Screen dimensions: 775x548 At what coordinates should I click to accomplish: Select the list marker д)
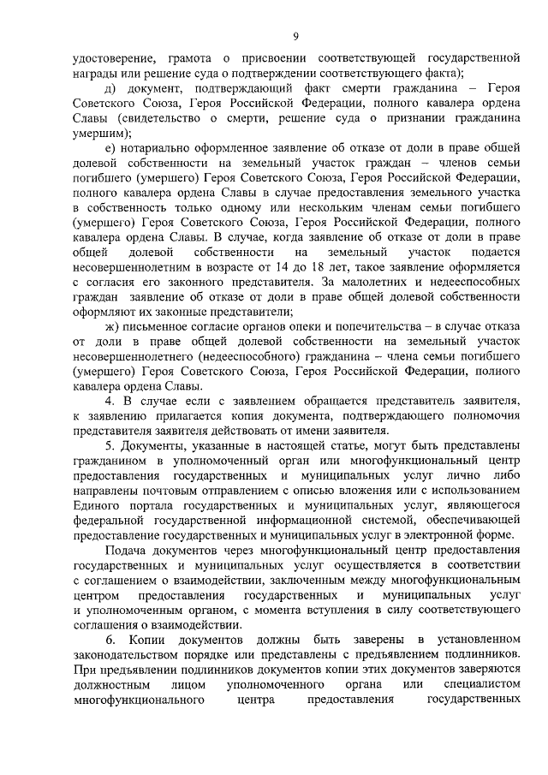[x=110, y=88]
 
